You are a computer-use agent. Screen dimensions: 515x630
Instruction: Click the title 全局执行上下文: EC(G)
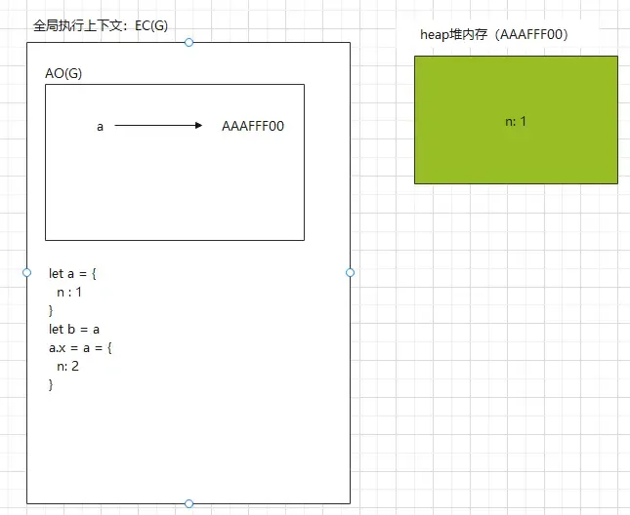click(101, 25)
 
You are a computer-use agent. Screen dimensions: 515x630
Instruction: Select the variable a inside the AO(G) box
click(100, 127)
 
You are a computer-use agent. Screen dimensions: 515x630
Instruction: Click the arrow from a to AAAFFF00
click(156, 126)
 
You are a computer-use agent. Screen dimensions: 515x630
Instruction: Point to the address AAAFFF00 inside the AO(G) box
click(253, 127)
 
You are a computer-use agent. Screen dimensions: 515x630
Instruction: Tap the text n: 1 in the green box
click(516, 121)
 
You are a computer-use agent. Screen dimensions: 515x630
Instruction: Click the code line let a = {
click(73, 273)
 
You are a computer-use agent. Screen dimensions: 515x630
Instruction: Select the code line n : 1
click(69, 292)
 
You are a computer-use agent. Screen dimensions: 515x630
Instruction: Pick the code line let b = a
click(74, 329)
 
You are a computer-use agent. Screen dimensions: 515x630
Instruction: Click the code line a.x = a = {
click(81, 347)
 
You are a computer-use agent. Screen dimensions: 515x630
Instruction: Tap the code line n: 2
click(67, 366)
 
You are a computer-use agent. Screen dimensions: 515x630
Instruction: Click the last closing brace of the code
click(52, 384)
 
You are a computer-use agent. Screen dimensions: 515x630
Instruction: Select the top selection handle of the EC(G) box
click(189, 42)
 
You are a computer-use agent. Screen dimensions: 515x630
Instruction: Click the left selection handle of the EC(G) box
click(27, 272)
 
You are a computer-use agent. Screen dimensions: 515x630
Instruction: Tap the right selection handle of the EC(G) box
click(350, 272)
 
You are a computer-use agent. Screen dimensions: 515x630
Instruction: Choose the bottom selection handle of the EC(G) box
click(189, 503)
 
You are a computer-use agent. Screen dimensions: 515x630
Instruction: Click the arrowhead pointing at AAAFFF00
click(198, 126)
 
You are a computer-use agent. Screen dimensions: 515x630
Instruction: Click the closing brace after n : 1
click(52, 310)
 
